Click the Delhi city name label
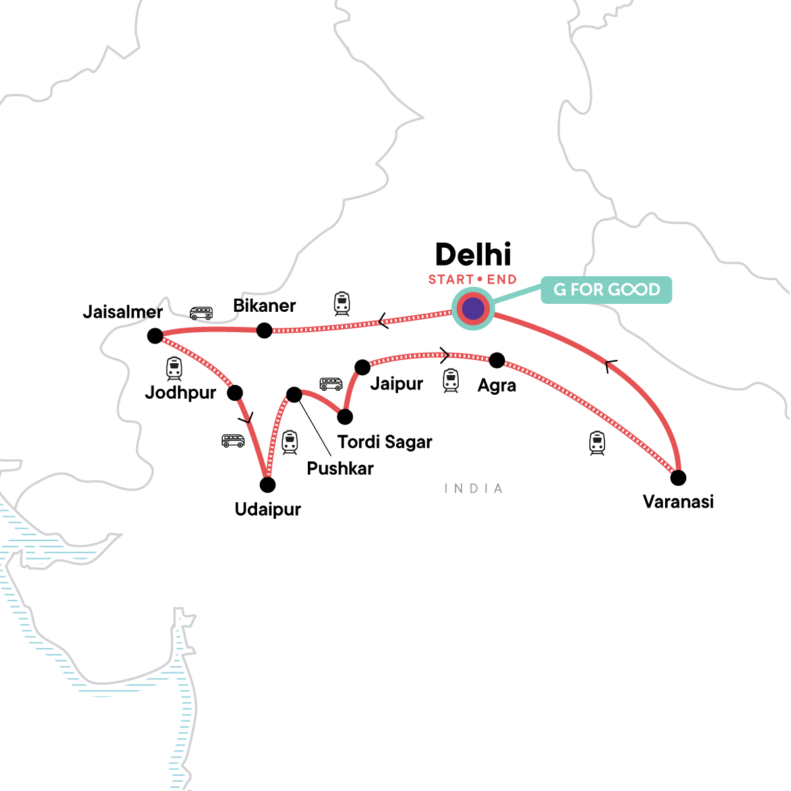(473, 255)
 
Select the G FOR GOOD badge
(606, 290)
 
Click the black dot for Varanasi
(678, 477)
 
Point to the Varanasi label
(678, 502)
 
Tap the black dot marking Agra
(497, 361)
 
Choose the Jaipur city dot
(362, 366)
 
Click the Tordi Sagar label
(384, 442)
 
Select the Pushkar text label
(340, 469)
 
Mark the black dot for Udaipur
(268, 485)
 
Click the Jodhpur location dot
(235, 393)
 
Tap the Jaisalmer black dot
(155, 336)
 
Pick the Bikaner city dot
(264, 330)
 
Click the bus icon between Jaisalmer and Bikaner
(201, 313)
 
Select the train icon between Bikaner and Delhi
(341, 303)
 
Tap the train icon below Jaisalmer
(174, 368)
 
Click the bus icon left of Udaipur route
(233, 440)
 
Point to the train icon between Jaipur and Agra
(450, 380)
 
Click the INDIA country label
(473, 488)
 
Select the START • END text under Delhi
(473, 279)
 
